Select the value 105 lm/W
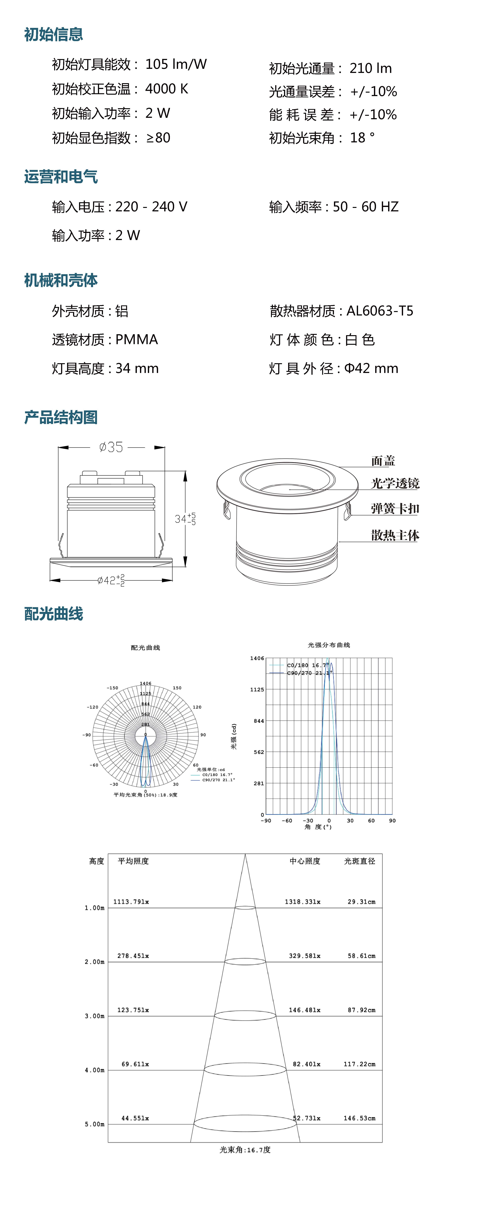(176, 64)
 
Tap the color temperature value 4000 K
(167, 89)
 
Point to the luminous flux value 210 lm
(370, 68)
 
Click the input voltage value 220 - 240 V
(151, 206)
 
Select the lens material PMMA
(137, 339)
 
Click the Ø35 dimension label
(111, 447)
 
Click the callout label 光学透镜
(395, 483)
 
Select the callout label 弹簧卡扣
(395, 508)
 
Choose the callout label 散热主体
(395, 535)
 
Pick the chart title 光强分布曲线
(329, 645)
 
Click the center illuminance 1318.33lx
(303, 902)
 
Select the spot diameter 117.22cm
(359, 1064)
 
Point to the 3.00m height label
(94, 1016)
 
